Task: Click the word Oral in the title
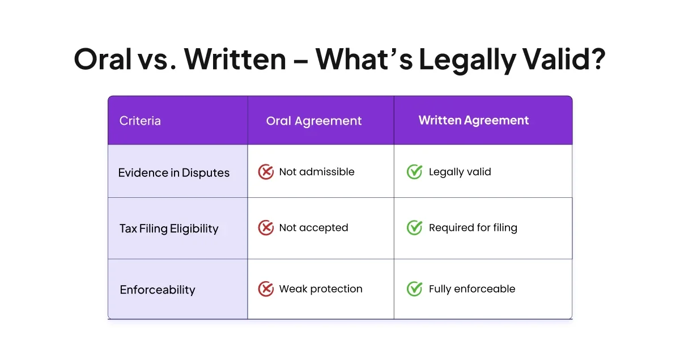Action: coord(103,59)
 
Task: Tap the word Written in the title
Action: coord(235,59)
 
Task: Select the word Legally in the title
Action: coord(467,61)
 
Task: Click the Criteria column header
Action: coord(140,121)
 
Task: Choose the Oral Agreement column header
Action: coord(314,121)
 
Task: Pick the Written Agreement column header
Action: coord(474,121)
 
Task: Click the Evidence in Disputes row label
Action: coord(173,173)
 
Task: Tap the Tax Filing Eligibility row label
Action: coord(169,229)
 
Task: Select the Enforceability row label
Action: coord(158,290)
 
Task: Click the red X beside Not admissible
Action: coord(266,172)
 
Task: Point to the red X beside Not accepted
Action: coord(266,228)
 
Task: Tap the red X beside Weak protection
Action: coord(266,289)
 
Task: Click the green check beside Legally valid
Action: coord(414,172)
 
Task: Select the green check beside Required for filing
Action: coord(414,227)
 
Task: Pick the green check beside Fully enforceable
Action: coord(414,289)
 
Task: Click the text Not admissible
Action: coord(317,172)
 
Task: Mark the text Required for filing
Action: coord(473,228)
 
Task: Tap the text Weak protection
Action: coord(321,289)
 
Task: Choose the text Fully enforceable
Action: coord(472,289)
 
